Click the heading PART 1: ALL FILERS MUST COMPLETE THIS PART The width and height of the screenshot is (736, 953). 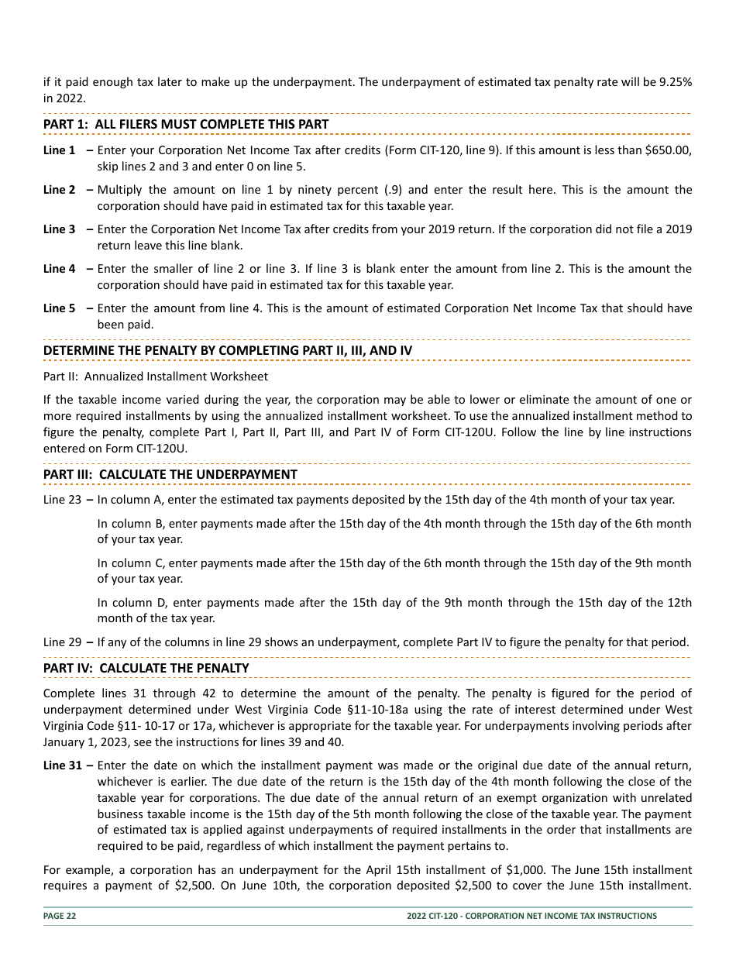pyautogui.click(x=186, y=125)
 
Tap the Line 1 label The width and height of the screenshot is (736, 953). pyautogui.click(x=60, y=150)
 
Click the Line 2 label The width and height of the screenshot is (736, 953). pyautogui.click(x=60, y=190)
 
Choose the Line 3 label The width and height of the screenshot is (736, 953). pyautogui.click(x=60, y=229)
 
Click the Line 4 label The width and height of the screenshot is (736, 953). pyautogui.click(x=60, y=269)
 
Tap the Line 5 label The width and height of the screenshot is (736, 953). pyautogui.click(x=60, y=308)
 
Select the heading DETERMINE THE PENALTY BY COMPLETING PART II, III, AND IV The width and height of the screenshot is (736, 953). pyautogui.click(x=228, y=351)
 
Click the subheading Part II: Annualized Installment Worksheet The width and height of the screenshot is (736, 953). pyautogui.click(x=156, y=377)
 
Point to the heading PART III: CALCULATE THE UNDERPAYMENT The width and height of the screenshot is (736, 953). pyautogui.click(x=170, y=474)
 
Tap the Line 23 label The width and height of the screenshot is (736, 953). pyautogui.click(x=62, y=500)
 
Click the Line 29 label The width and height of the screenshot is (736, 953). pyautogui.click(x=62, y=642)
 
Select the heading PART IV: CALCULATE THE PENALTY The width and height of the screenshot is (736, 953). pyautogui.click(x=146, y=668)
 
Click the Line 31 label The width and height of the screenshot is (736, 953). pyautogui.click(x=62, y=765)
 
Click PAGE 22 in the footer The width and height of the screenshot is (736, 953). pyautogui.click(x=60, y=916)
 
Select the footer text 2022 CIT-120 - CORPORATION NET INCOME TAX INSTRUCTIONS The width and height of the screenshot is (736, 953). pyautogui.click(x=531, y=916)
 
